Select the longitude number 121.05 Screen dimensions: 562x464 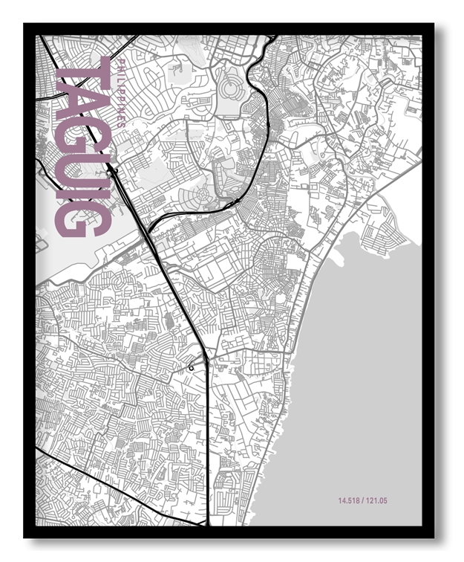(x=376, y=501)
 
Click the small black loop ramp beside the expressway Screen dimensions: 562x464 (x=194, y=365)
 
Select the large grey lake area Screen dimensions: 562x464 (x=356, y=372)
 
